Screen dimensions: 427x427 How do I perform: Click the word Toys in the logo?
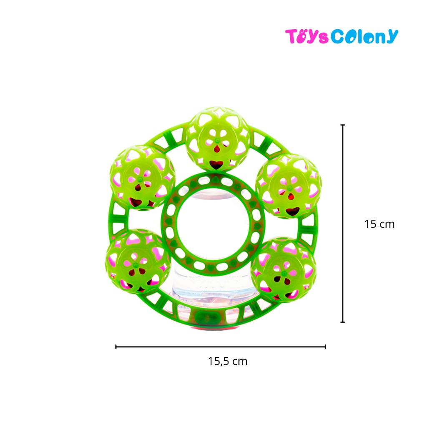pyautogui.click(x=306, y=36)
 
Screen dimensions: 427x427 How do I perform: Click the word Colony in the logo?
pyautogui.click(x=364, y=36)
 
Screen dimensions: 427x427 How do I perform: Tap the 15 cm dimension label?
pyautogui.click(x=379, y=224)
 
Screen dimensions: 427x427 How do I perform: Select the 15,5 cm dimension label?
pyautogui.click(x=228, y=362)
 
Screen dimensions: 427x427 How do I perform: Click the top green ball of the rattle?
pyautogui.click(x=218, y=139)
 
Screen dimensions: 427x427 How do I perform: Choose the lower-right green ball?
pyautogui.click(x=284, y=270)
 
